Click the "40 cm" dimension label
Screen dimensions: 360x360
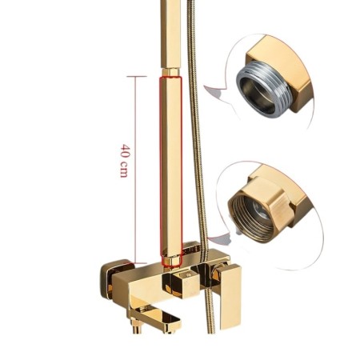click(x=125, y=161)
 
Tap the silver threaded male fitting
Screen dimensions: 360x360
click(x=262, y=90)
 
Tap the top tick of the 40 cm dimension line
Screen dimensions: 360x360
click(x=136, y=77)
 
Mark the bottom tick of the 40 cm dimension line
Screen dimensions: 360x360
click(x=136, y=263)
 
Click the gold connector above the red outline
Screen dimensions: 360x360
click(x=170, y=72)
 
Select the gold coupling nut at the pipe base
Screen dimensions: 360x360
click(x=171, y=261)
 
